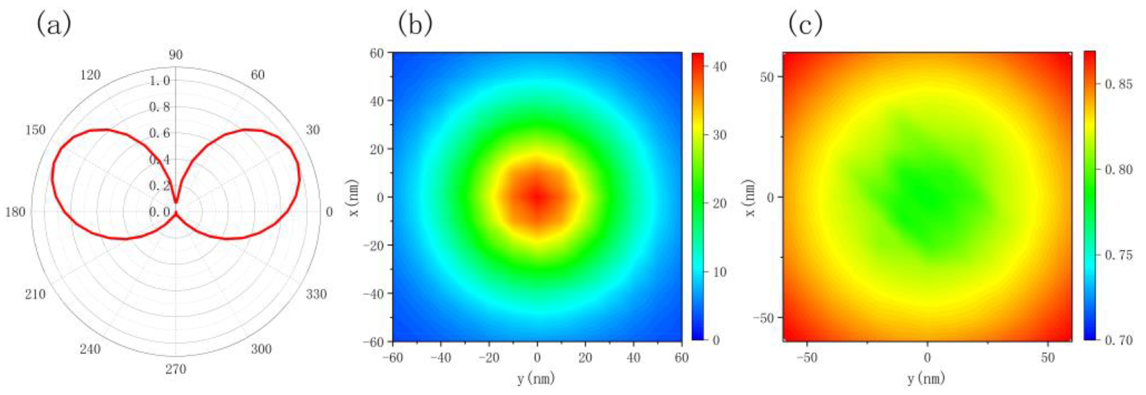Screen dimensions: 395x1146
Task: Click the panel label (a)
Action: click(54, 24)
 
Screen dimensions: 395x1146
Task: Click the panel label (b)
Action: click(415, 24)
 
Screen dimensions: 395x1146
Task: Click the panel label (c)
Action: click(805, 24)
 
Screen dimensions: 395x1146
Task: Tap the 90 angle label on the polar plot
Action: click(175, 55)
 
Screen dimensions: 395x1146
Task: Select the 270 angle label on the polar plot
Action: click(176, 369)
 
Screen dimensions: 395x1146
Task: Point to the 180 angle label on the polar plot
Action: click(16, 213)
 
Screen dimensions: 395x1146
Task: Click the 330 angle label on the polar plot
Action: click(316, 294)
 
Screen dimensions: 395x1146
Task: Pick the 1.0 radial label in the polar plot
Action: click(160, 81)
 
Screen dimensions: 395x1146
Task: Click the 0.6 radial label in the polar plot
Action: click(160, 133)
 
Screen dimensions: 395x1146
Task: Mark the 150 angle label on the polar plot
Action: click(35, 130)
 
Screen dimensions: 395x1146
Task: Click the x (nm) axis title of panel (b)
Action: click(354, 197)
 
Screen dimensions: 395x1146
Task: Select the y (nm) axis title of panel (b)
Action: click(536, 379)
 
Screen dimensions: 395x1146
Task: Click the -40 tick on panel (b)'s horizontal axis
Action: click(440, 358)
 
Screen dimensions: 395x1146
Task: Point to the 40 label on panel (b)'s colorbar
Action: click(719, 67)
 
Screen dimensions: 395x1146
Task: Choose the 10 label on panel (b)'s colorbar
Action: click(719, 272)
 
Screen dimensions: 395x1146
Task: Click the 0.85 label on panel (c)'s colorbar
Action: click(1119, 84)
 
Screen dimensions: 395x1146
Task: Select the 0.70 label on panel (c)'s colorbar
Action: click(1119, 340)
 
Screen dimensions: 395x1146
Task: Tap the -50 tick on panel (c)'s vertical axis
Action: click(764, 318)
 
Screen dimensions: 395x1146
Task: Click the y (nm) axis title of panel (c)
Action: click(927, 379)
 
